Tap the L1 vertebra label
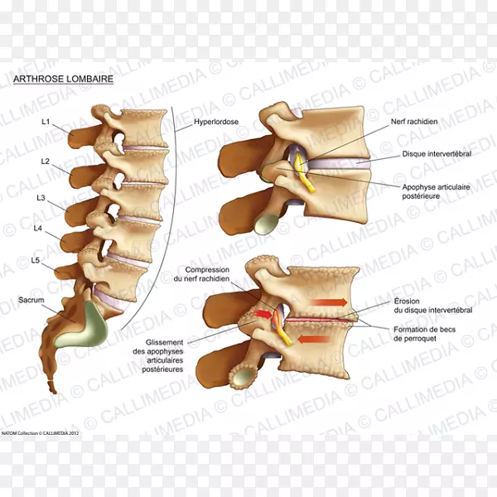pos(46,122)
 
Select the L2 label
pos(46,160)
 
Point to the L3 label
pos(41,197)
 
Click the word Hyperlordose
pos(215,122)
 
